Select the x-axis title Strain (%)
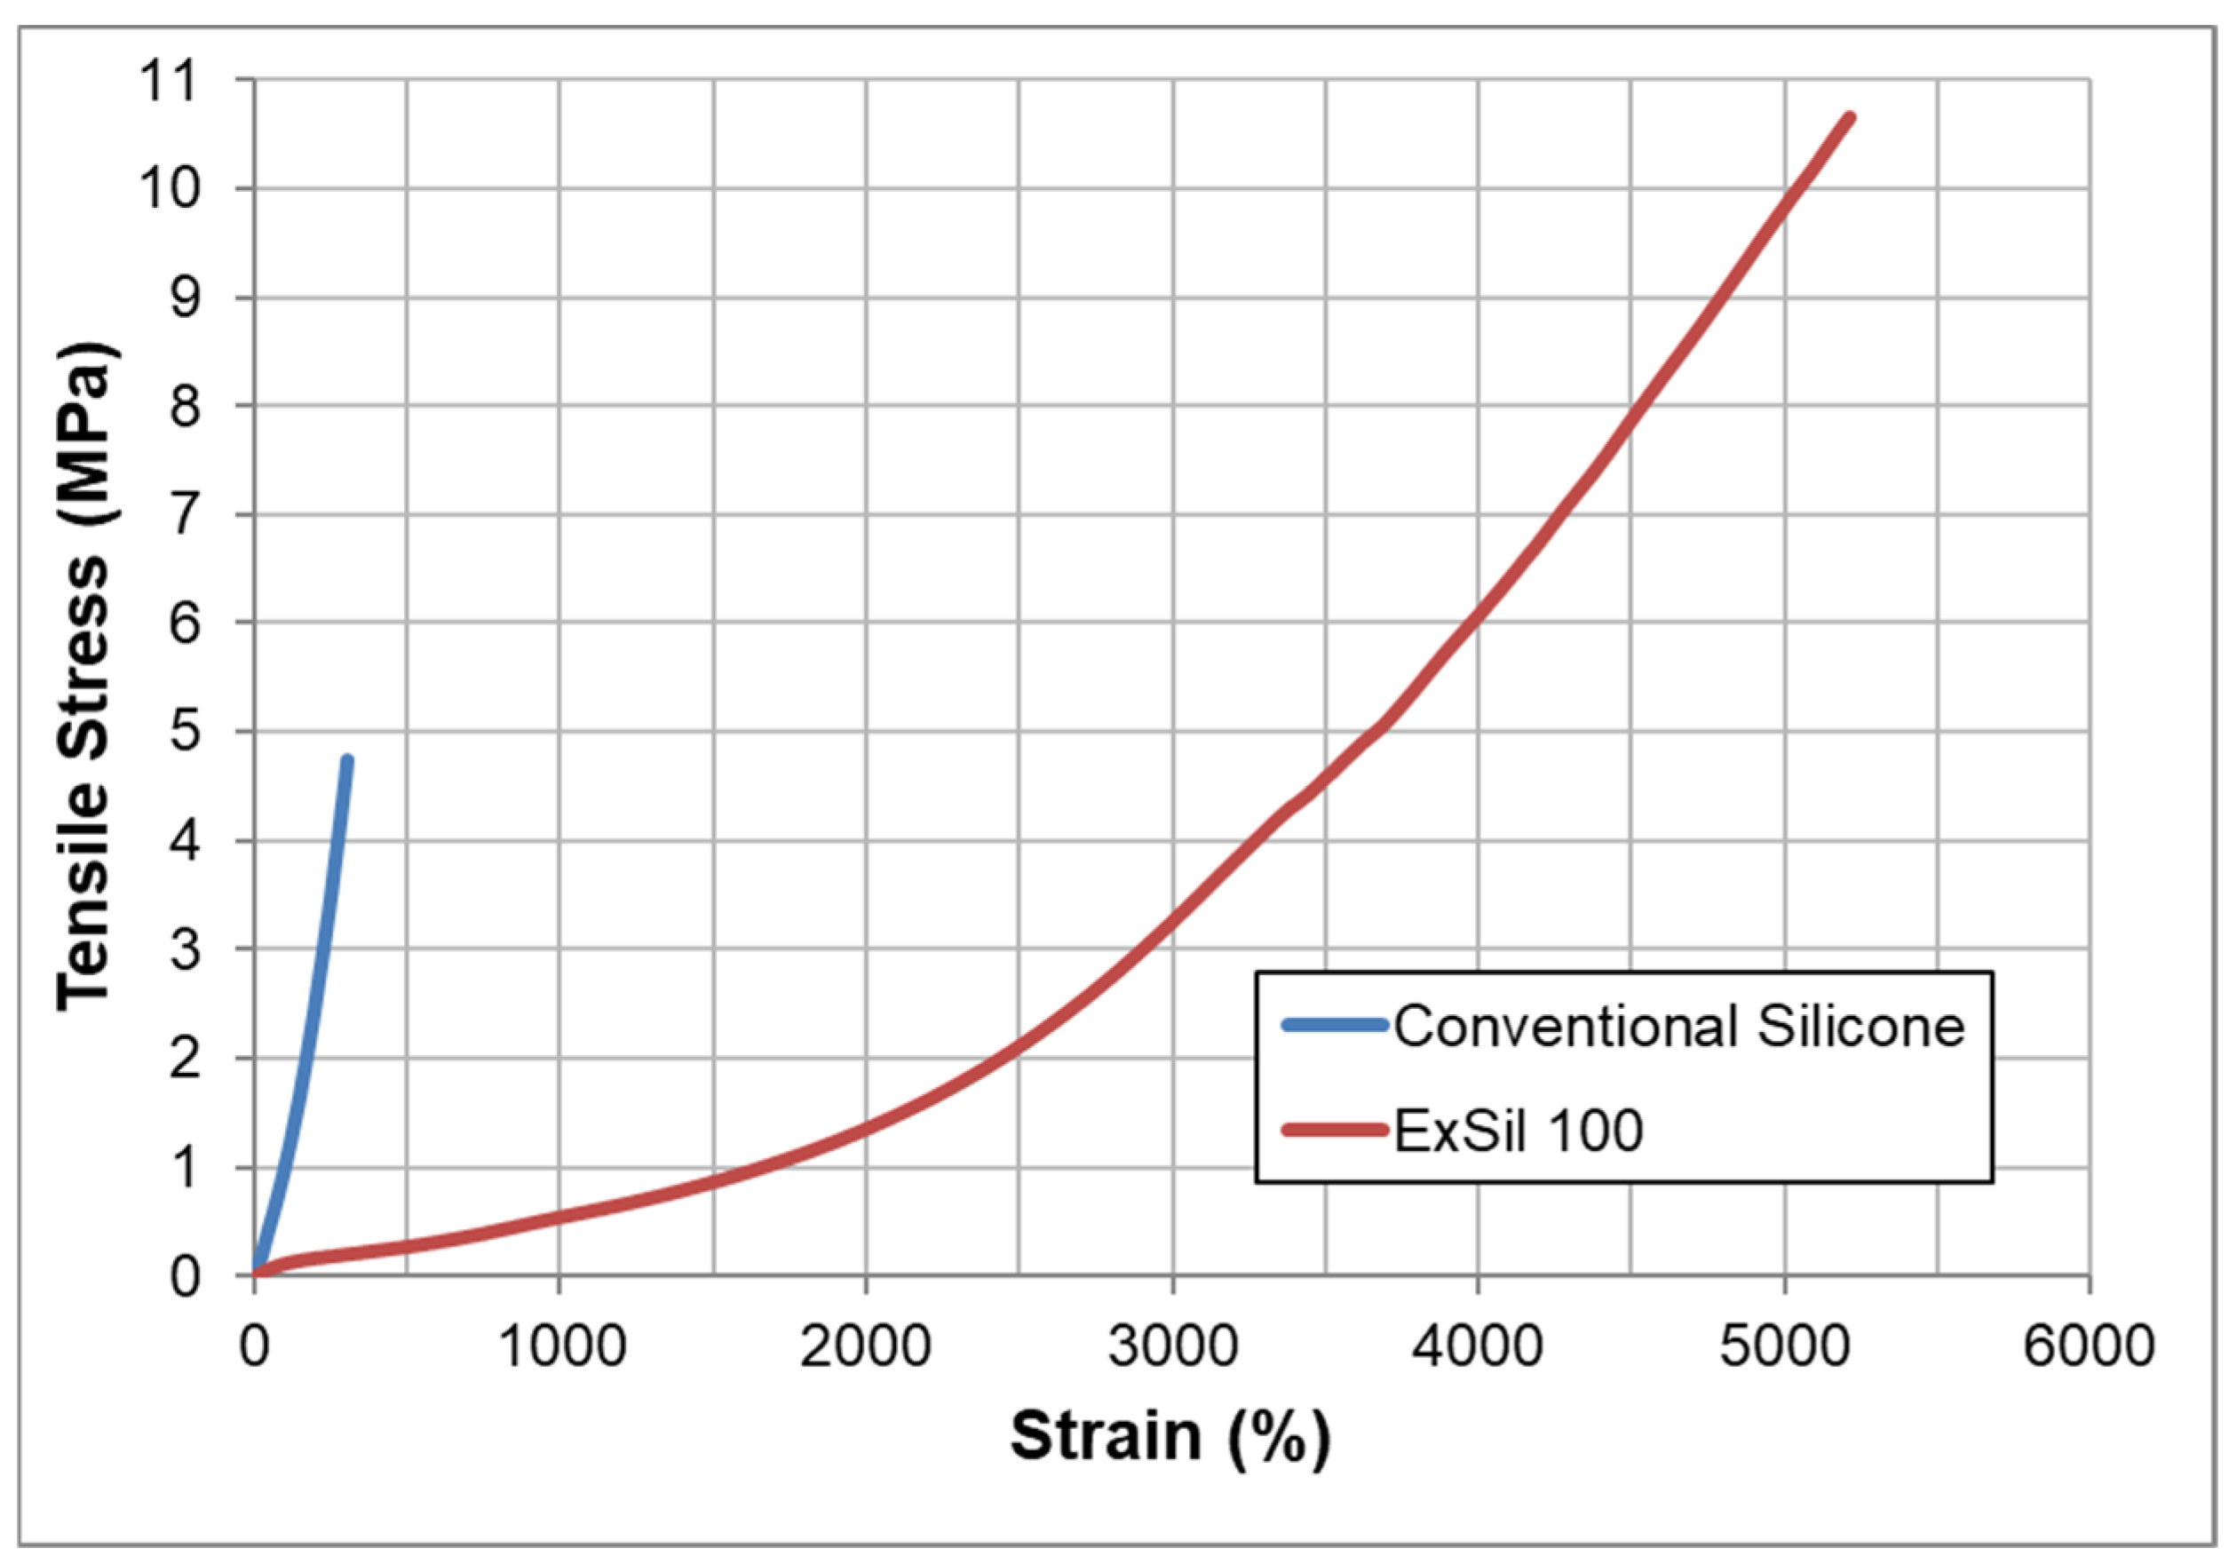(1170, 1437)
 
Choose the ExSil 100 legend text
(1519, 1130)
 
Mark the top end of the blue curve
(347, 760)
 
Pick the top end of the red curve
(1850, 118)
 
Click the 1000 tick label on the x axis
(561, 1347)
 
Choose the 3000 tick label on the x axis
(1173, 1347)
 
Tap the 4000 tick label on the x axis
(1478, 1347)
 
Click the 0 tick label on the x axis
(254, 1347)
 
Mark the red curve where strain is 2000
(866, 1128)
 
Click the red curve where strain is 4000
(1478, 612)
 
